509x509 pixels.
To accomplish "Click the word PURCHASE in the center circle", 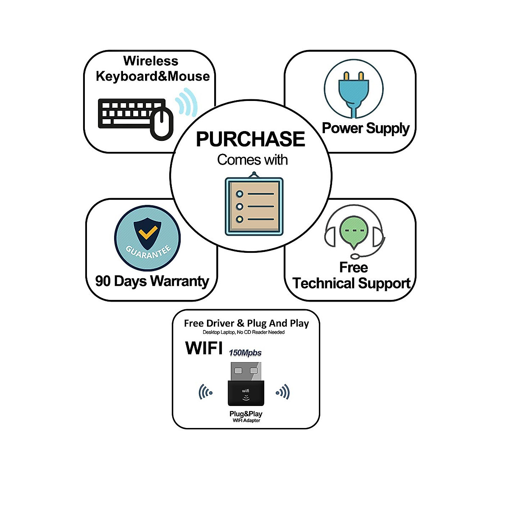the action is pos(250,139).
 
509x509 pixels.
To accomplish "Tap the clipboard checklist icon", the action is pos(254,204).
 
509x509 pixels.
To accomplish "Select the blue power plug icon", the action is pos(353,94).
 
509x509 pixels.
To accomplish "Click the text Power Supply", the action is pos(366,129).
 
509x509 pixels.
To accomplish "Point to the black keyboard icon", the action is pos(132,114).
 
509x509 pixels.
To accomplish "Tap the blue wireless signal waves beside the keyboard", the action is pos(186,102).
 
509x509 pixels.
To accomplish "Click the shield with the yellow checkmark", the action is pos(147,233).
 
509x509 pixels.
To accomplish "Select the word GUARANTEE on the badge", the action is pos(148,252).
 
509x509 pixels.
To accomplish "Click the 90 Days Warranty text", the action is pos(152,281).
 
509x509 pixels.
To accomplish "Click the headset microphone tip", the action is pos(355,256).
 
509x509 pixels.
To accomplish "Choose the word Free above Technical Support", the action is pos(353,267).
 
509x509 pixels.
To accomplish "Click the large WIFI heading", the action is pos(204,348).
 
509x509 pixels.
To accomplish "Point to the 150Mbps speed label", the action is pos(245,353).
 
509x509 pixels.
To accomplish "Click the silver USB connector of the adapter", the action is pos(246,372).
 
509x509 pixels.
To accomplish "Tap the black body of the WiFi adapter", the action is pos(246,393).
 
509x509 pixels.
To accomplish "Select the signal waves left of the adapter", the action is pos(205,392).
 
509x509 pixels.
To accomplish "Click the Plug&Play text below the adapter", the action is pos(246,414).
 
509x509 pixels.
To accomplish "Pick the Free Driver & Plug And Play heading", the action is pos(246,323).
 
